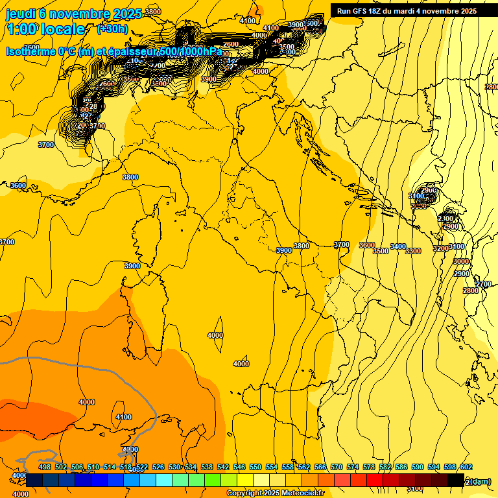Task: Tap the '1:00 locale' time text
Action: click(45, 29)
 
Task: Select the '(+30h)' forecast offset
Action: click(112, 29)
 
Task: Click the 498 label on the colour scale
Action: click(45, 467)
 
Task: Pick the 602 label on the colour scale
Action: click(466, 467)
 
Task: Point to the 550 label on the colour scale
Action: click(255, 467)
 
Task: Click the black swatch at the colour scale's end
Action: click(456, 480)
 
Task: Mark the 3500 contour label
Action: click(381, 251)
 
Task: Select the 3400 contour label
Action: click(397, 247)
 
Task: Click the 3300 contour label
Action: click(413, 251)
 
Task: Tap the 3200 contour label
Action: click(441, 248)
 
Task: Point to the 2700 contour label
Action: click(484, 284)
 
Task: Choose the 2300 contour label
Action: click(446, 219)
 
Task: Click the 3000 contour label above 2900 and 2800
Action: click(461, 261)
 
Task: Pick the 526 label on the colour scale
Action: click(158, 467)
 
